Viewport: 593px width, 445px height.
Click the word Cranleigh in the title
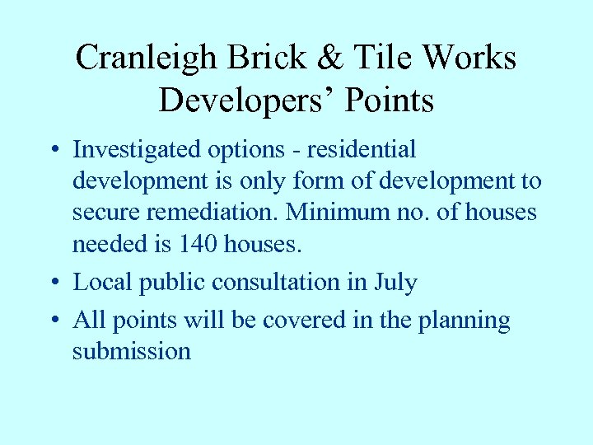coord(146,58)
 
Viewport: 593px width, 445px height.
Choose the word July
coord(396,283)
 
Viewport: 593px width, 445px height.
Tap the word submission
coord(132,351)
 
